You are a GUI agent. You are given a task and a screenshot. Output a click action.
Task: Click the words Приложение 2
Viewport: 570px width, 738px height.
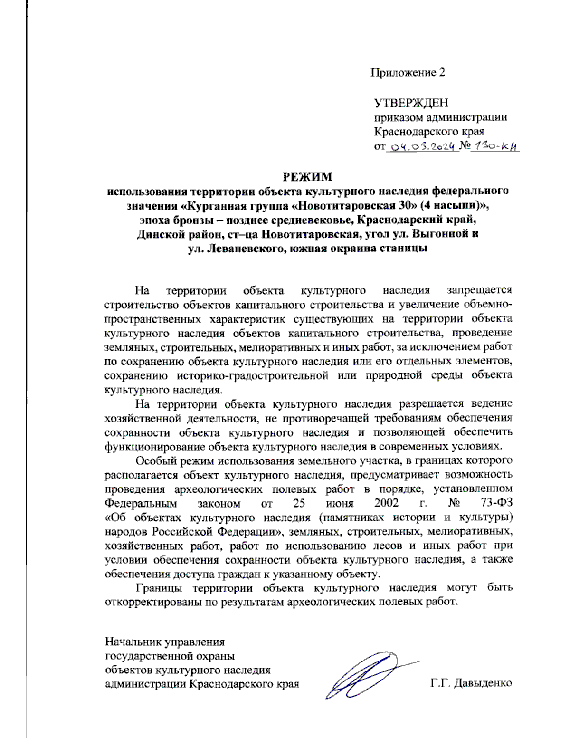(x=408, y=72)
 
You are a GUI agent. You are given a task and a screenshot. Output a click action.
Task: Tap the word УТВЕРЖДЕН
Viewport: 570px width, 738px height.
(x=411, y=103)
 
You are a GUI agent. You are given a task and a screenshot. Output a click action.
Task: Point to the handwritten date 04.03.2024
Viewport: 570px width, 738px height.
(x=423, y=147)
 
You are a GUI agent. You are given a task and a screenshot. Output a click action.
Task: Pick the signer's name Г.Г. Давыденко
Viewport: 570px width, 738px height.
(x=471, y=683)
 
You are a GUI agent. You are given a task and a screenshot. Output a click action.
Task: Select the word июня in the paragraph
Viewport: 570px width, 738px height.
(x=340, y=503)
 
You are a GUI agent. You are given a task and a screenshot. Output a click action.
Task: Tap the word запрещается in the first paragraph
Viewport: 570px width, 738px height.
(x=479, y=290)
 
